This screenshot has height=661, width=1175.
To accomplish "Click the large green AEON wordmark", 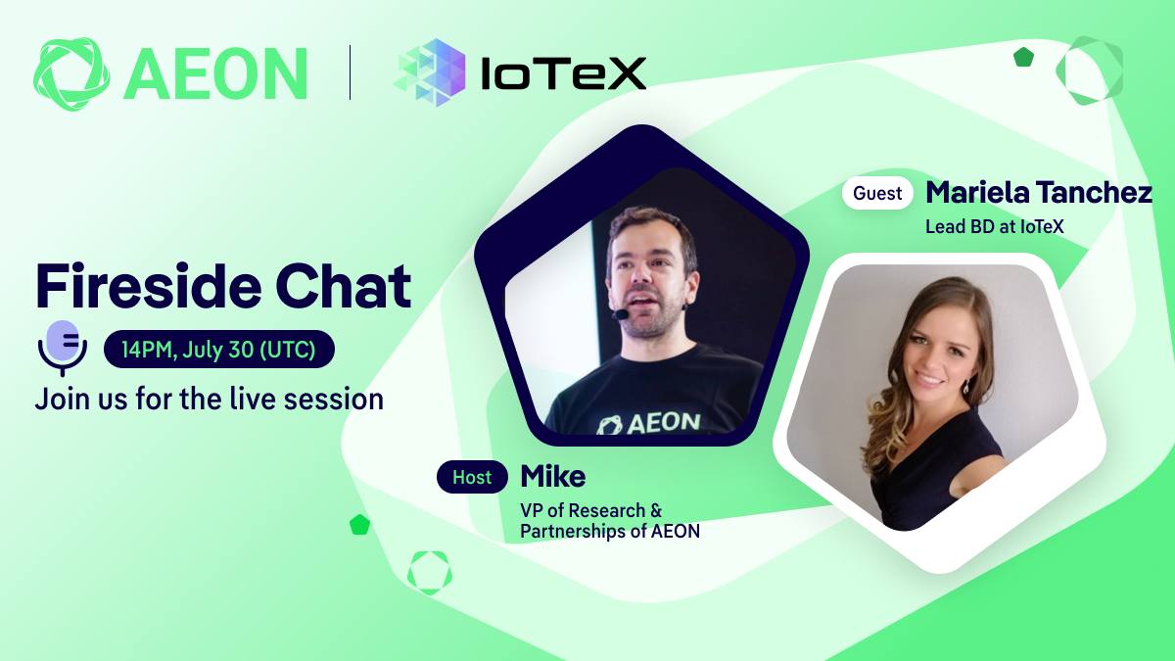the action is (x=215, y=74).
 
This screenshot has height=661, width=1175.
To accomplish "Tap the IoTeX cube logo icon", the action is (x=430, y=72).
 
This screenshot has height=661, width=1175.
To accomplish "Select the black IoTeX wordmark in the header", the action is (x=563, y=73).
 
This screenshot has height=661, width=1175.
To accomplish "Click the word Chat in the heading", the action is (x=344, y=286).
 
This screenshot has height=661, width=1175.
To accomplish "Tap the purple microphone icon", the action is (x=63, y=349).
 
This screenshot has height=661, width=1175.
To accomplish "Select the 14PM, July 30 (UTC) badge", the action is (x=219, y=350).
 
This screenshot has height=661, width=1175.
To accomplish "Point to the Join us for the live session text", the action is (x=210, y=400).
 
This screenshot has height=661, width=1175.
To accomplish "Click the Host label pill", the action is (x=472, y=477).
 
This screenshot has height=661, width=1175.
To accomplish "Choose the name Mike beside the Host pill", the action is (x=553, y=476).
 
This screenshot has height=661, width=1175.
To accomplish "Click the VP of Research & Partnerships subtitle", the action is (x=610, y=520).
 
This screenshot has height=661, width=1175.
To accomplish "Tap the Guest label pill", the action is (x=877, y=193).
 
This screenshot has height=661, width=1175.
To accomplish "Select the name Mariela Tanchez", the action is (x=1039, y=192).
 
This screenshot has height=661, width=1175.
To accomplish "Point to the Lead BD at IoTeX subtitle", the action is (x=995, y=226).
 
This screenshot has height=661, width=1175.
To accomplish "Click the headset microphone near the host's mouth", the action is (x=621, y=314).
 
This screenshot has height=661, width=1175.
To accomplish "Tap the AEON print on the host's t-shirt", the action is (x=649, y=423).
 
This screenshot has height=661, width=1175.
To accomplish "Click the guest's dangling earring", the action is (x=966, y=386).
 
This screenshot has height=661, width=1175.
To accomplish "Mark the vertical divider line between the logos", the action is (x=350, y=72).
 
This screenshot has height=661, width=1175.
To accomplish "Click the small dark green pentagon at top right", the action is (x=1023, y=57).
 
